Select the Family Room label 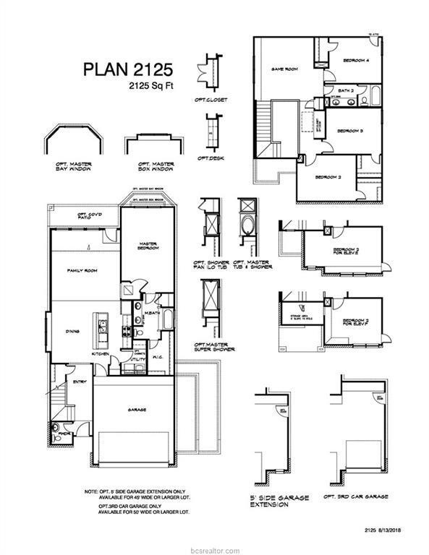tap(82, 270)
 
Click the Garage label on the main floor tap(137, 410)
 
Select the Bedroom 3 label tap(350, 131)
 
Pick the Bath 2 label tap(347, 92)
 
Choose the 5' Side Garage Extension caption tap(279, 501)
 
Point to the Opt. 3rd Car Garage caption tap(355, 497)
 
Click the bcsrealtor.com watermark tap(215, 548)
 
